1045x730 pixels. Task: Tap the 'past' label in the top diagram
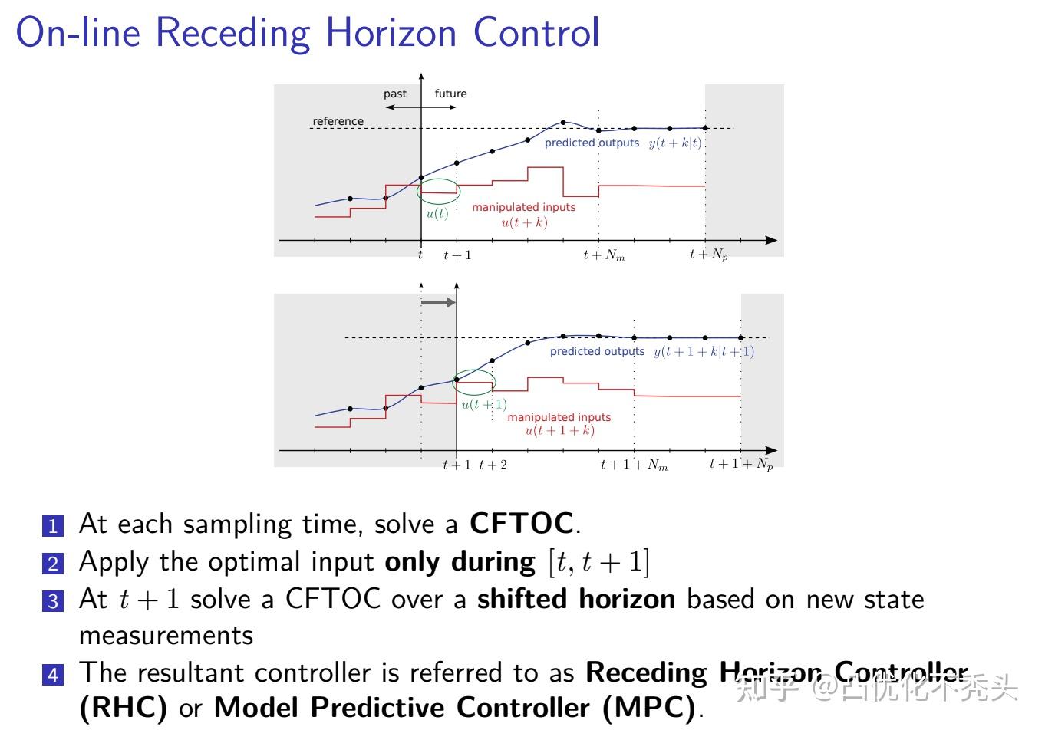click(395, 94)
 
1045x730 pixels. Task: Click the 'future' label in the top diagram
click(450, 94)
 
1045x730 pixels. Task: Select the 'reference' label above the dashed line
click(338, 121)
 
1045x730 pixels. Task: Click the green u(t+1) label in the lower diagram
click(483, 404)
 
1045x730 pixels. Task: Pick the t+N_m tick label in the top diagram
click(604, 255)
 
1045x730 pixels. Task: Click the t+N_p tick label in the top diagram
click(708, 255)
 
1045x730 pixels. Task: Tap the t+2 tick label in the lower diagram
click(493, 465)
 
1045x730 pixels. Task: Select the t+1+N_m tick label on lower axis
click(634, 465)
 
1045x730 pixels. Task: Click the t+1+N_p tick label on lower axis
click(741, 464)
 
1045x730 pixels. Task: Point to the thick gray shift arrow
click(438, 302)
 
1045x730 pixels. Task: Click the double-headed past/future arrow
click(420, 107)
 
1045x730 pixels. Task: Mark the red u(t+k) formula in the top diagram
click(524, 222)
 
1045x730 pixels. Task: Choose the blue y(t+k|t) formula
click(675, 143)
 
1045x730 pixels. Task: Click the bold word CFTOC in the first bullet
click(521, 524)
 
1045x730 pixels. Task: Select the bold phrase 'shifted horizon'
click(576, 599)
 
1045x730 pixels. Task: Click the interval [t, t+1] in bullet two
click(598, 563)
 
